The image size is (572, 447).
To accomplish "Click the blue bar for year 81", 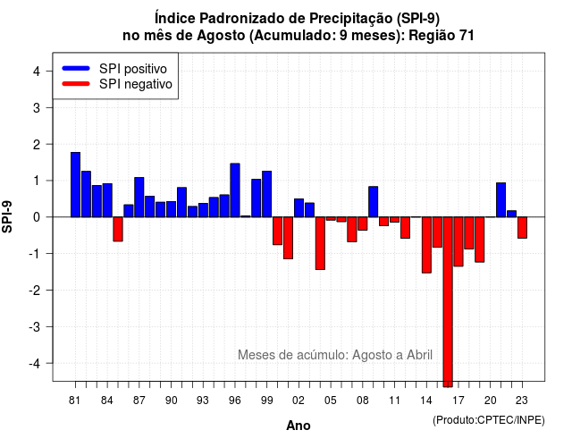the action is (x=75, y=185).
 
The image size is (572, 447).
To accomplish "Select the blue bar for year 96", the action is (x=235, y=190).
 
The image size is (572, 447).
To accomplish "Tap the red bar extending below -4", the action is (x=448, y=302).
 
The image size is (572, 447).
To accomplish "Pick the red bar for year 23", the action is (x=522, y=228).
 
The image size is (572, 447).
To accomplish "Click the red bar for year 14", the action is (x=426, y=245).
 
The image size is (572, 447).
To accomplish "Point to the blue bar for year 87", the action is (x=139, y=197).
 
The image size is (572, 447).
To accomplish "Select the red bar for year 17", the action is (x=458, y=241).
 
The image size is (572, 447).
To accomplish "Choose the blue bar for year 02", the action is (x=299, y=208).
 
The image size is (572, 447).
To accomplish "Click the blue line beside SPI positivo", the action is (x=76, y=68).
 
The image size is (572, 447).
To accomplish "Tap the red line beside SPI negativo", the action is (x=76, y=84).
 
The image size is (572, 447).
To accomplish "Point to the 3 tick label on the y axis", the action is (x=37, y=107).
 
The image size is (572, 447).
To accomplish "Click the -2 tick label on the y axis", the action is (x=35, y=290).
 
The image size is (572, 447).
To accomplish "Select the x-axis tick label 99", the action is (x=266, y=401).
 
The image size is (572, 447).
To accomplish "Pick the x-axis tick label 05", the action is (x=330, y=401).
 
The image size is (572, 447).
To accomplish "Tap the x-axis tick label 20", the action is (x=491, y=401).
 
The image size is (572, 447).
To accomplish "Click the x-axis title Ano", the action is (x=299, y=426).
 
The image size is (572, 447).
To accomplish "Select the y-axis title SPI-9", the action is (x=7, y=216).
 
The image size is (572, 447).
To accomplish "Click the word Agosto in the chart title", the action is (x=221, y=36).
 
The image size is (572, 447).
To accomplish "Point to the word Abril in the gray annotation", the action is (x=419, y=355).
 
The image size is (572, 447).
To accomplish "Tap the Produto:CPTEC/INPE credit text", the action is (x=489, y=420).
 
